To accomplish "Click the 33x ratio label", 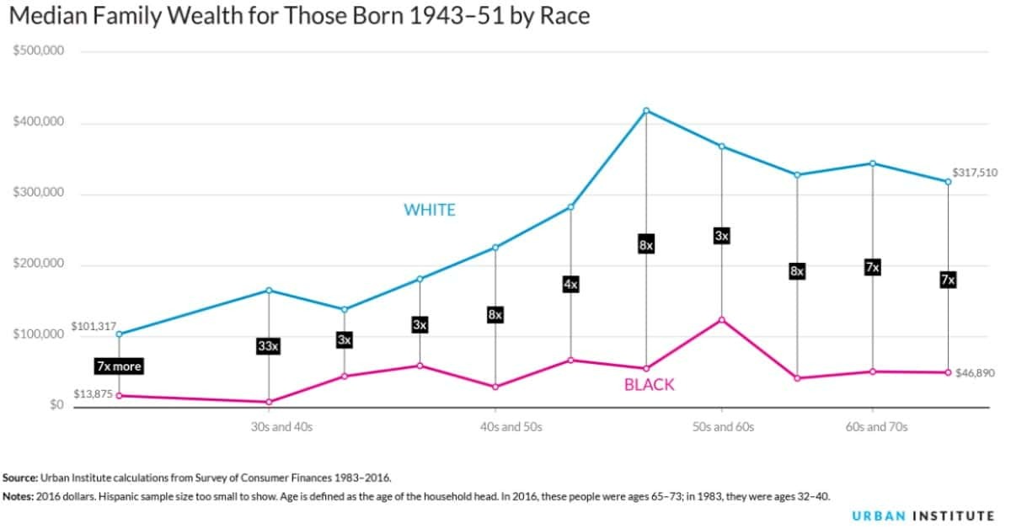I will [268, 345].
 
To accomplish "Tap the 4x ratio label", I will [570, 285].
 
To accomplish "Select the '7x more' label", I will [118, 366].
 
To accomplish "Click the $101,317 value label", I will [92, 326].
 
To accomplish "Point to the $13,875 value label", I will [92, 394].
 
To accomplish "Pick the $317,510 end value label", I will [975, 173].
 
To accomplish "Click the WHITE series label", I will [429, 211].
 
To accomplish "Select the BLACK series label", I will [649, 385].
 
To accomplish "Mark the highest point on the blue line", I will [646, 110].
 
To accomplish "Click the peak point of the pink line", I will [721, 319].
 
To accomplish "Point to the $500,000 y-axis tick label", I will [39, 51].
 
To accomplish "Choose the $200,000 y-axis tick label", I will [39, 264].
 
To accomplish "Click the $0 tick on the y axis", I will [56, 405].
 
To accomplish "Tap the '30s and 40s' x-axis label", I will [281, 427].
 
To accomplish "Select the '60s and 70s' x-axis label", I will [876, 427].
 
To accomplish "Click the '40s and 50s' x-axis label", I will [511, 427].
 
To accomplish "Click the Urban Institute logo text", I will [922, 516].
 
